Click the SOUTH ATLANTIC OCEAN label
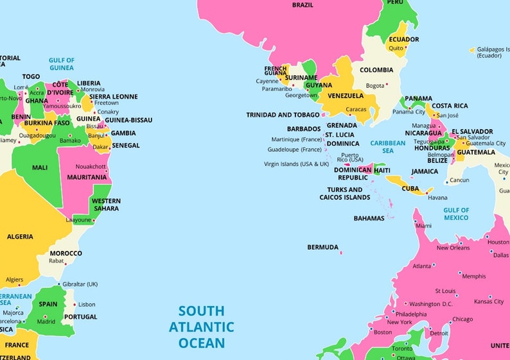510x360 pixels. [202, 327]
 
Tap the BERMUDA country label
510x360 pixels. [322, 247]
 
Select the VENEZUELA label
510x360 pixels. [346, 96]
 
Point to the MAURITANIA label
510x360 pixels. [87, 177]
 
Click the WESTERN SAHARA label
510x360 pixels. [106, 205]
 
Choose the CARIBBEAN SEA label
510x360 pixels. [388, 147]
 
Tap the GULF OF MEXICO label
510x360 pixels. [456, 214]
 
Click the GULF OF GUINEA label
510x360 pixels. [62, 64]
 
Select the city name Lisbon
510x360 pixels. [87, 304]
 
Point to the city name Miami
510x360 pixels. [423, 226]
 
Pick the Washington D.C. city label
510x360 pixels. [430, 304]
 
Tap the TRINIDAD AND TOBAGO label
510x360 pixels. [283, 116]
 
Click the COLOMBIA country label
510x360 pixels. [376, 71]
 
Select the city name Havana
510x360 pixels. [437, 198]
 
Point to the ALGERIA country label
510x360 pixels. [20, 237]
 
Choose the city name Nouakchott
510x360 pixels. [90, 166]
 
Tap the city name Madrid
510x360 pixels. [46, 321]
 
